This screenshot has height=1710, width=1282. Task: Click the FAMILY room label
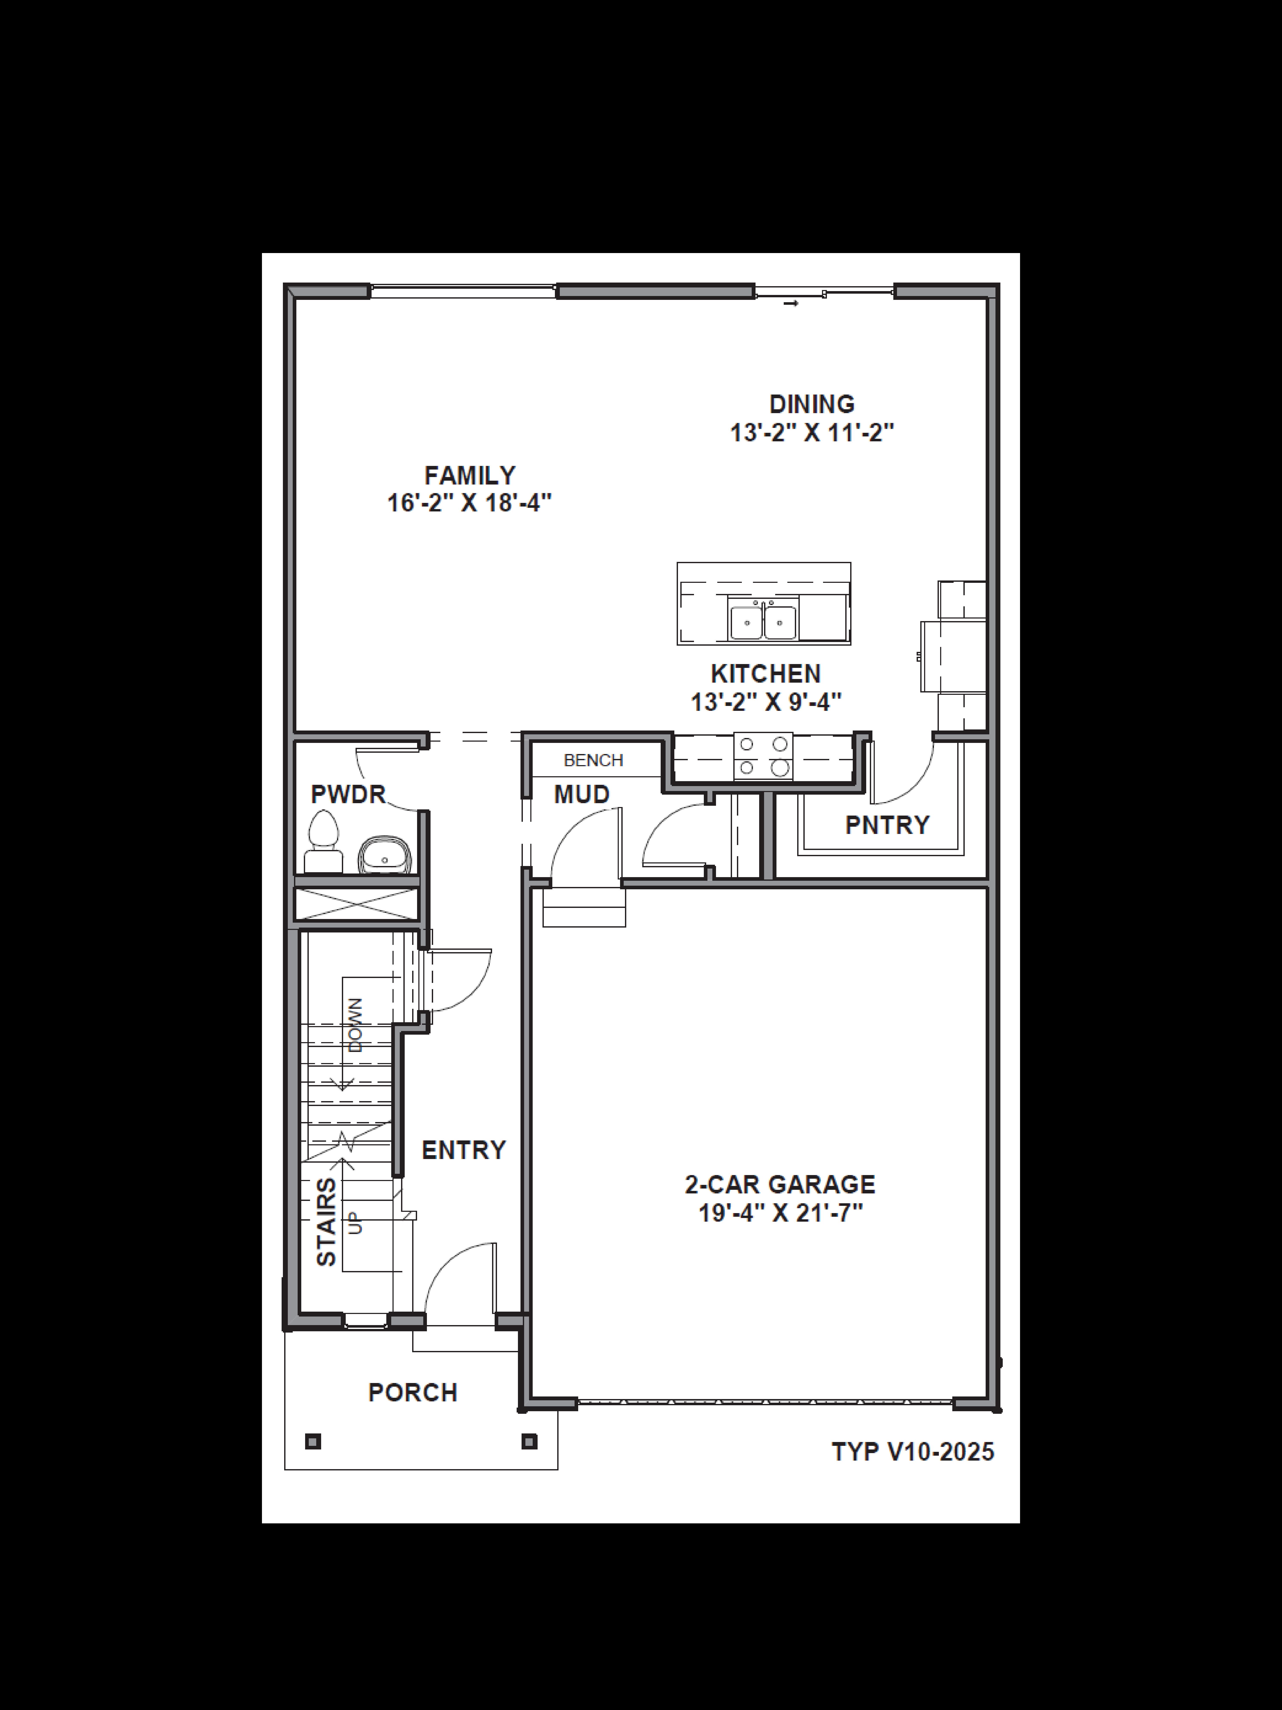coord(470,475)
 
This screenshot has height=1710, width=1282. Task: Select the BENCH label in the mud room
coord(594,760)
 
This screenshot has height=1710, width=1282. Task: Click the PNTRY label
coord(887,825)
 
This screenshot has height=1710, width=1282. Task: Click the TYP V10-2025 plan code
coord(913,1452)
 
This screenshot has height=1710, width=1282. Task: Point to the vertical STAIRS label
coord(327,1222)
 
